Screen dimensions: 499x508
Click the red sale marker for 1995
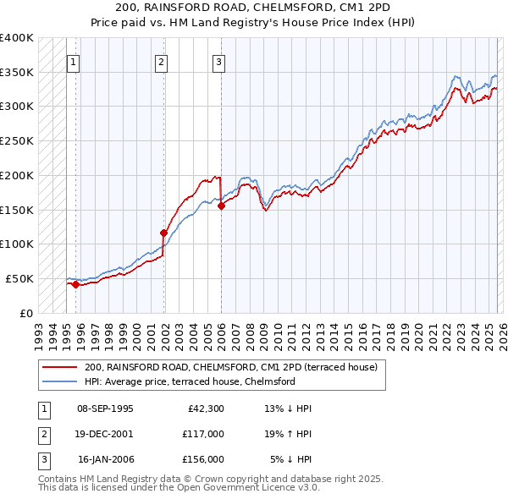pyautogui.click(x=75, y=284)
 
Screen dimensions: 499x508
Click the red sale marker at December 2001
pyautogui.click(x=163, y=232)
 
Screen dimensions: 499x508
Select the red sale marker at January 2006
pyautogui.click(x=221, y=205)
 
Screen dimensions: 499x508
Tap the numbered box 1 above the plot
pyautogui.click(x=75, y=61)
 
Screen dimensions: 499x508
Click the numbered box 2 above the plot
pyautogui.click(x=161, y=61)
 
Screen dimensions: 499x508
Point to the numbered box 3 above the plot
pyautogui.click(x=218, y=61)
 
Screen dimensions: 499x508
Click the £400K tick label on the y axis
pyautogui.click(x=16, y=38)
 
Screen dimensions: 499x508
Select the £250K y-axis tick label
pyautogui.click(x=16, y=141)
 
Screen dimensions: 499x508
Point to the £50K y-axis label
pyautogui.click(x=19, y=278)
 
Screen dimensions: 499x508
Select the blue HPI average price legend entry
pyautogui.click(x=189, y=381)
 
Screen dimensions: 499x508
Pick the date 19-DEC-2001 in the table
pyautogui.click(x=105, y=434)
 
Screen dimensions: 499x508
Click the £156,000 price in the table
pyautogui.click(x=203, y=459)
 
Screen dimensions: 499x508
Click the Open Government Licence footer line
pyautogui.click(x=179, y=488)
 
